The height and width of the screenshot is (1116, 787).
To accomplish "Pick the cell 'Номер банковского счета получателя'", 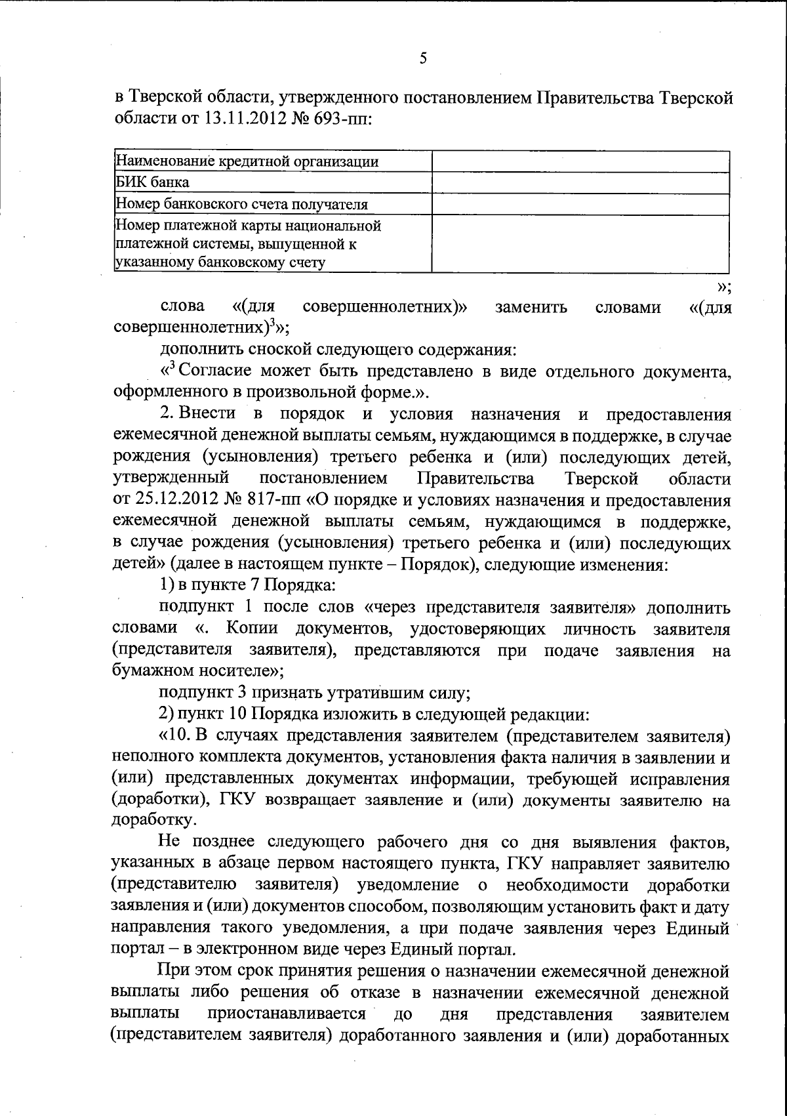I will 241,204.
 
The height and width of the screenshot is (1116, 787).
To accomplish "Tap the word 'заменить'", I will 531,307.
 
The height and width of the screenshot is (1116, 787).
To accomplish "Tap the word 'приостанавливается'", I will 287,1014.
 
